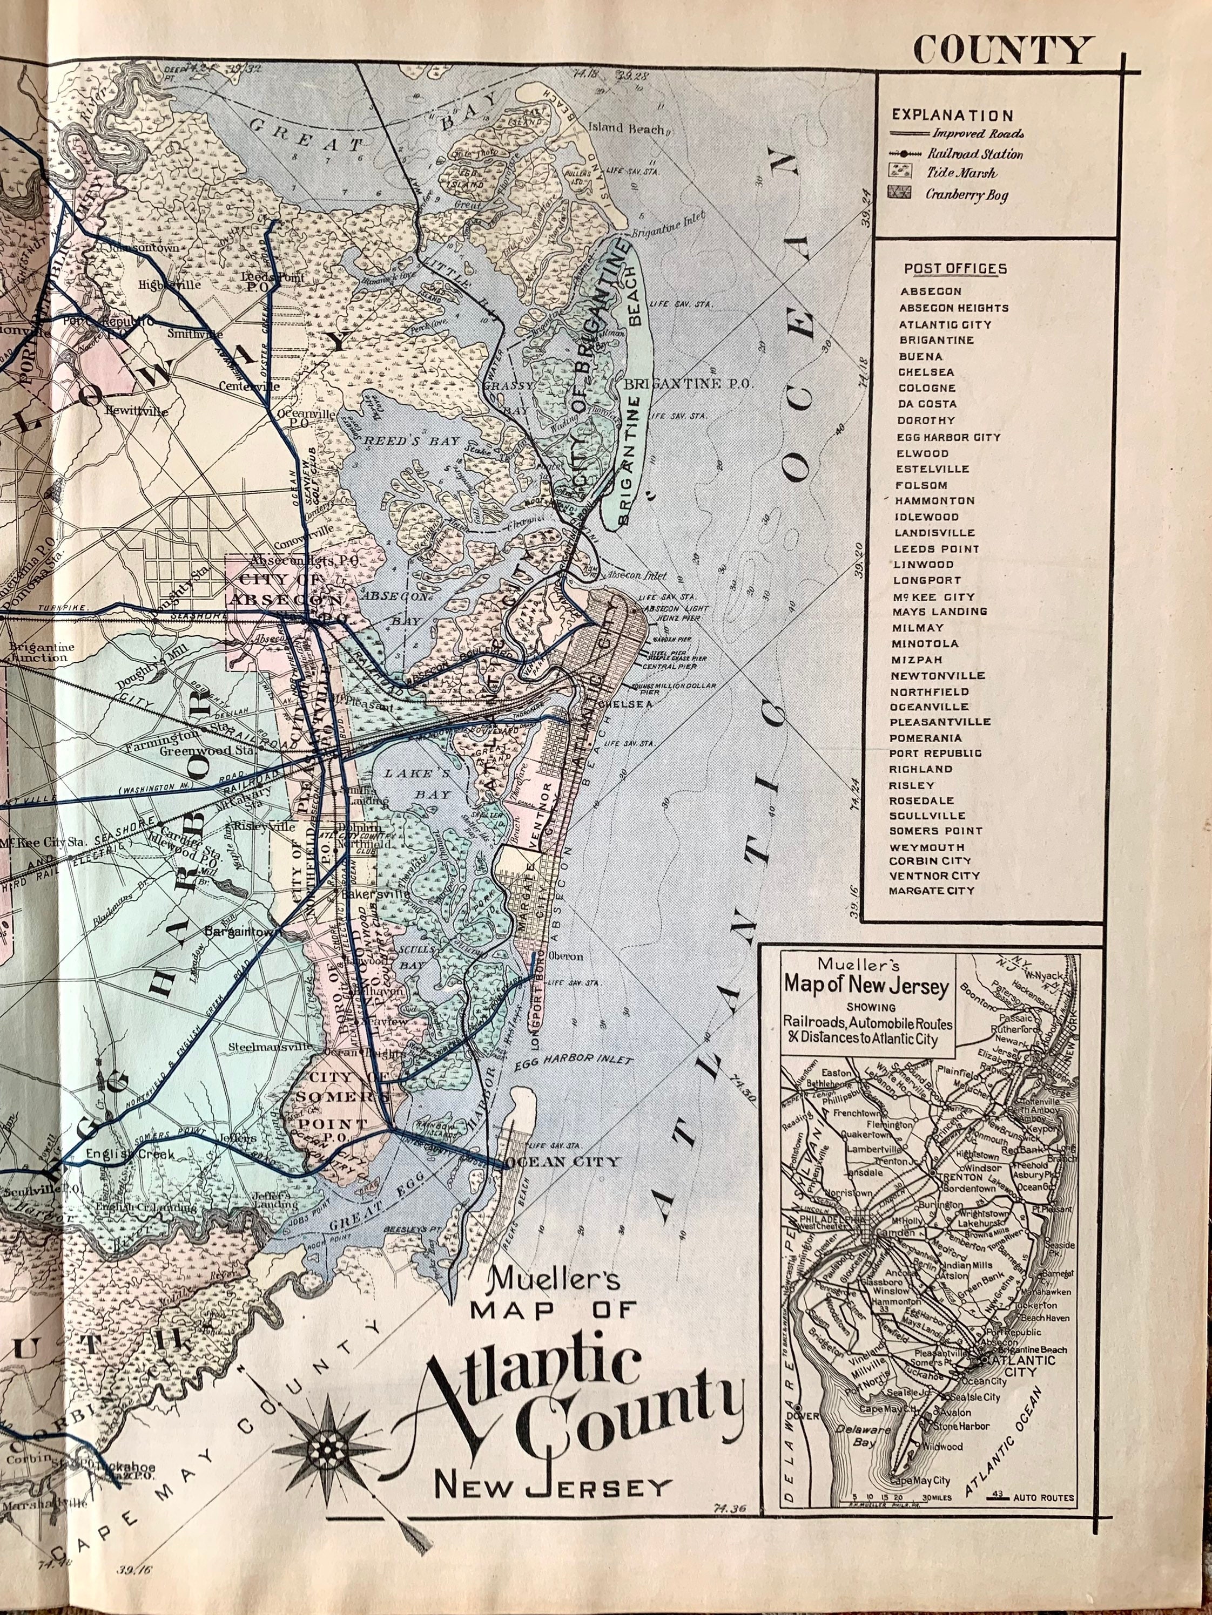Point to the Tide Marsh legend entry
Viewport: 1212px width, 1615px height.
point(961,174)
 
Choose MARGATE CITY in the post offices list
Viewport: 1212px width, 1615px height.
point(932,891)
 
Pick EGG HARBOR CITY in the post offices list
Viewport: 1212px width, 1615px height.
point(948,437)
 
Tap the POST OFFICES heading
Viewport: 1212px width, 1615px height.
point(955,269)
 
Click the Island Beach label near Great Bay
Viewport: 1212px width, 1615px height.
point(626,128)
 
